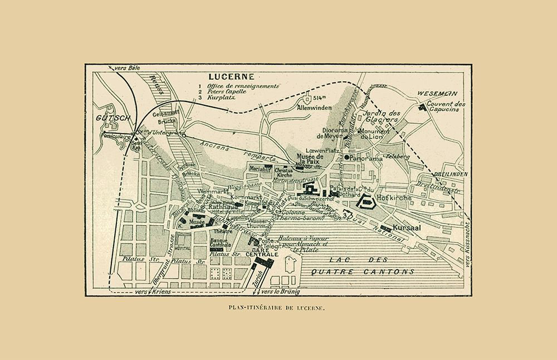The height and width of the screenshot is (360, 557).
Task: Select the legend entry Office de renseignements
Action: click(242, 87)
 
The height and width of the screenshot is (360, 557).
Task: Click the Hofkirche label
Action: click(394, 197)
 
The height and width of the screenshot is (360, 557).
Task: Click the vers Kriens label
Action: click(152, 291)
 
